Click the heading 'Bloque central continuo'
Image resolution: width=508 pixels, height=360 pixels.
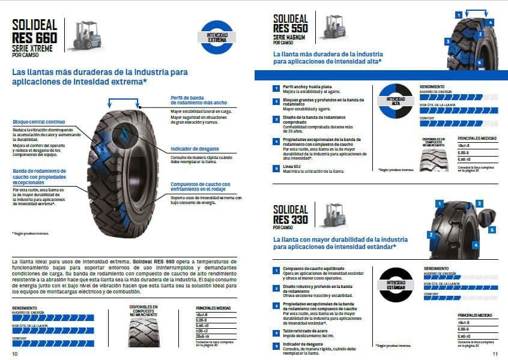tap(38, 122)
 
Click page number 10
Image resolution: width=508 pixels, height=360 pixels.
tap(15, 353)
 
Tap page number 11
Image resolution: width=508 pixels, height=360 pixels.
tap(495, 353)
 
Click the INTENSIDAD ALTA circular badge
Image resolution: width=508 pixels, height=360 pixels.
tap(396, 101)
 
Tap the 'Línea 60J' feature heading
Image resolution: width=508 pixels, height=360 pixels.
tap(292, 167)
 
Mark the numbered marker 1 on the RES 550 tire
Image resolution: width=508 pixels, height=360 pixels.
tap(459, 14)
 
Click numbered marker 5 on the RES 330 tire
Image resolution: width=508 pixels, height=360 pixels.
tap(492, 229)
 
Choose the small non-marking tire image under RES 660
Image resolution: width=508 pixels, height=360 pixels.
tap(142, 332)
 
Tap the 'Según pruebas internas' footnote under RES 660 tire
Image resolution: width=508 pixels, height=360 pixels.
tap(31, 233)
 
